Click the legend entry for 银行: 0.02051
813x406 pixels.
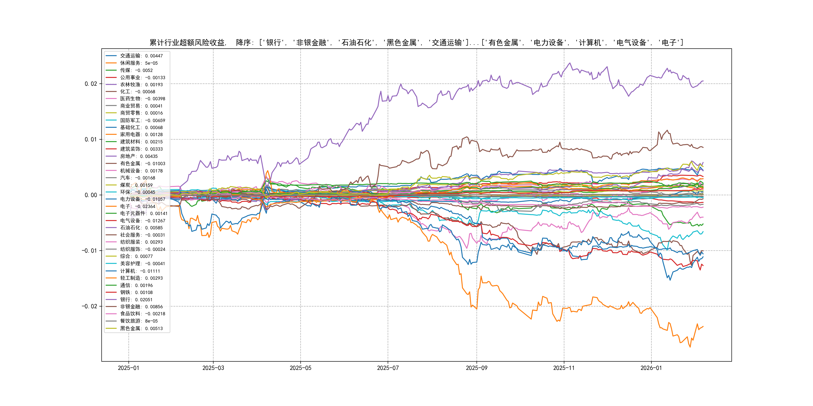(136, 299)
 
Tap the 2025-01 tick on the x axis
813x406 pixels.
(128, 368)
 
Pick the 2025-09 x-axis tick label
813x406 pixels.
(477, 368)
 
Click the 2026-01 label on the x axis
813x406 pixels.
(651, 368)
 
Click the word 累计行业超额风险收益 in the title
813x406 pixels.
(187, 43)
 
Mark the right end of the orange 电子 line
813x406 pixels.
(703, 327)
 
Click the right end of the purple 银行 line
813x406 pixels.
(703, 81)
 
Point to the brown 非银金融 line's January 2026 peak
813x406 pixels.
(667, 130)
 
